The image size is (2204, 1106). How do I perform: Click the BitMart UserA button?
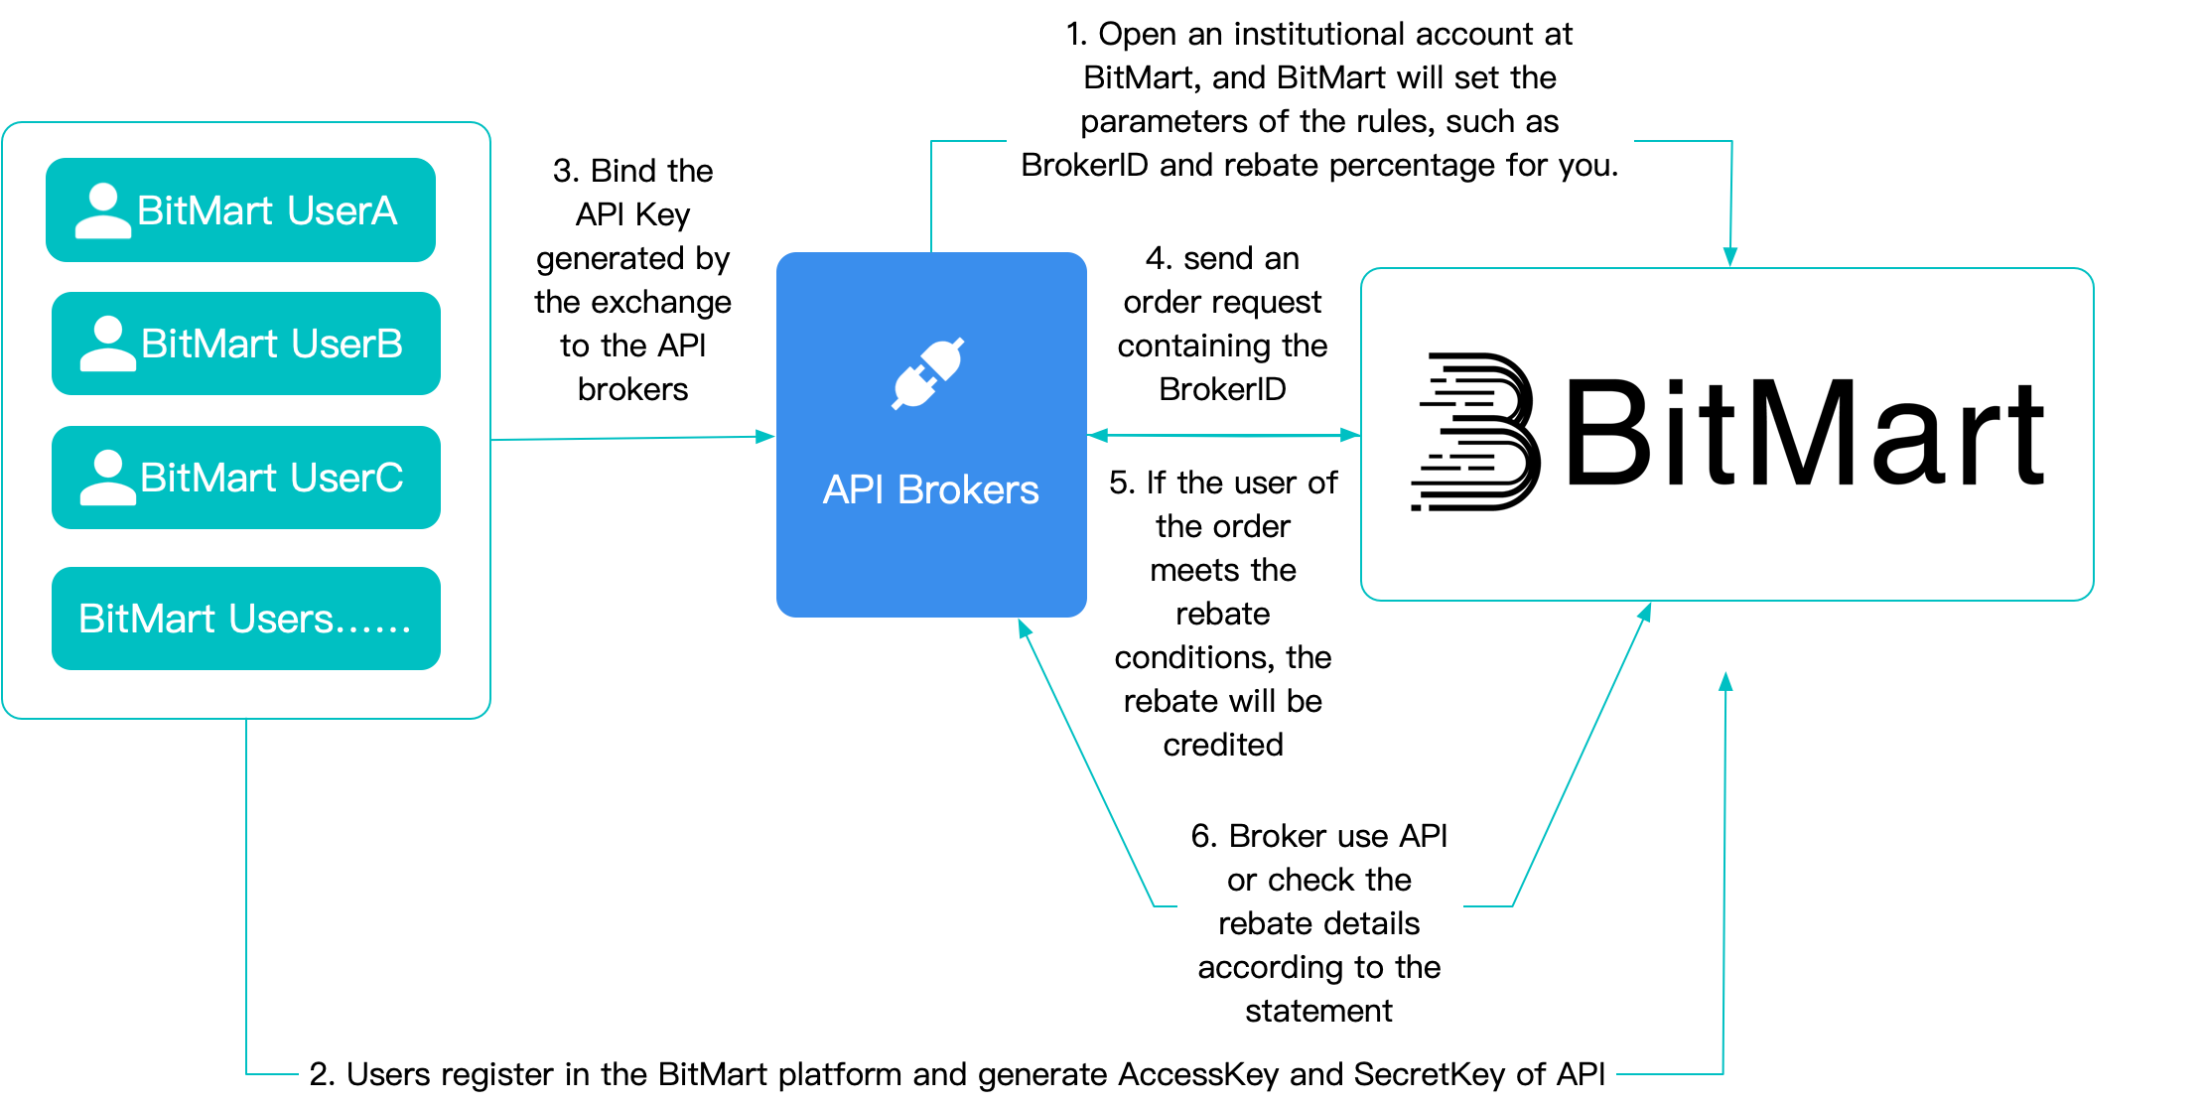pyautogui.click(x=240, y=210)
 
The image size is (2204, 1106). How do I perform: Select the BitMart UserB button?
pyautogui.click(x=245, y=344)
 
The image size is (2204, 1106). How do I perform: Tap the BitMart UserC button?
pyautogui.click(x=245, y=478)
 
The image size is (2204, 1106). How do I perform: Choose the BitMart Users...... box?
pyautogui.click(x=245, y=619)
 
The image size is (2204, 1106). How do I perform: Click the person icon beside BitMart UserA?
pyautogui.click(x=102, y=210)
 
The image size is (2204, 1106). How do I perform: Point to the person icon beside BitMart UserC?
pyautogui.click(x=107, y=478)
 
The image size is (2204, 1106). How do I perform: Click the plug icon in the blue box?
pyautogui.click(x=928, y=373)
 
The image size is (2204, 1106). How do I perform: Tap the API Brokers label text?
pyautogui.click(x=930, y=490)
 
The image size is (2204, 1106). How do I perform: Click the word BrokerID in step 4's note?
pyautogui.click(x=1222, y=389)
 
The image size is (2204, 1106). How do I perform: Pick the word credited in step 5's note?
pyautogui.click(x=1222, y=745)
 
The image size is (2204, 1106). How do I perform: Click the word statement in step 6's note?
pyautogui.click(x=1318, y=1011)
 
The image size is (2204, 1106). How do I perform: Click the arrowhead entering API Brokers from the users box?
pyautogui.click(x=765, y=437)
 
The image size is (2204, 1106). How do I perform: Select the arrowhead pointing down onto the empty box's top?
pyautogui.click(x=1729, y=257)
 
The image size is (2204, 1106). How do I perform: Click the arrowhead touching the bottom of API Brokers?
pyautogui.click(x=1025, y=628)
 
